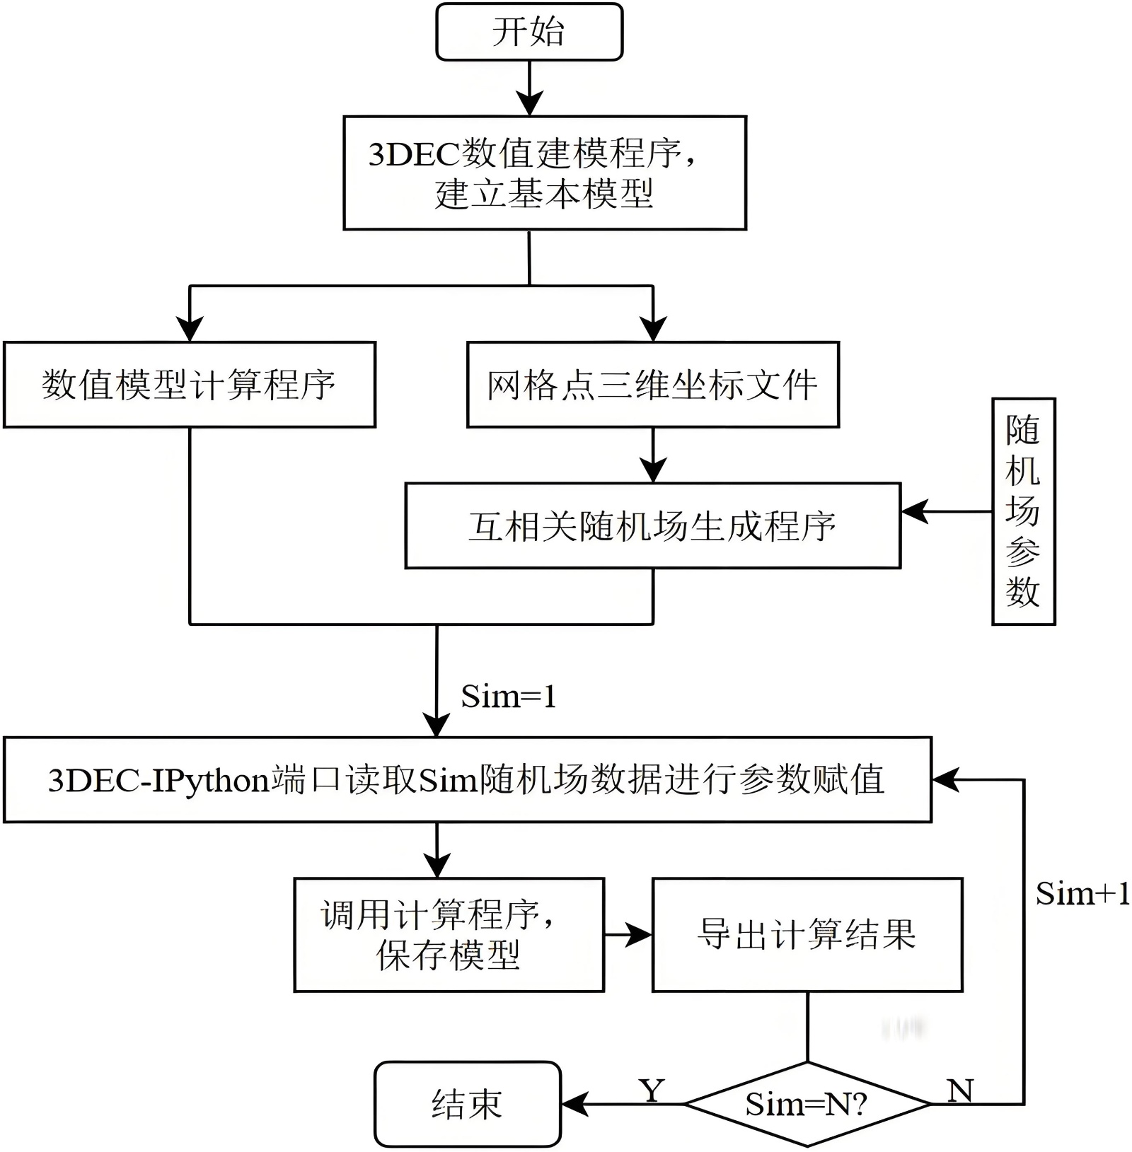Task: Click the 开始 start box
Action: pos(529,32)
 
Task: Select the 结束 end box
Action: pos(468,1104)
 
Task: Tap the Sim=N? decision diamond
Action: pos(807,1104)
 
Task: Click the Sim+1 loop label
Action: pos(1082,894)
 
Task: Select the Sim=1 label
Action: pos(508,697)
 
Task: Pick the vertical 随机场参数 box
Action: pos(1023,511)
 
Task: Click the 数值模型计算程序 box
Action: pos(190,385)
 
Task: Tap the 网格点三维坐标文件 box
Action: pos(652,385)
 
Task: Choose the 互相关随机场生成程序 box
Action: pos(652,526)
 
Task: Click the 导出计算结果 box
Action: pos(807,934)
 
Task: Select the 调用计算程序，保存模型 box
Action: pos(449,934)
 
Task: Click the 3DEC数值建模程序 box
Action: pos(545,173)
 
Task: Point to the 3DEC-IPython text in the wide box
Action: pos(158,780)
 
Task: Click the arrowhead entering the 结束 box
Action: pos(574,1104)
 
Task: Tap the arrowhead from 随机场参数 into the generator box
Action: pos(914,511)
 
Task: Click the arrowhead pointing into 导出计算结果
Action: pos(639,935)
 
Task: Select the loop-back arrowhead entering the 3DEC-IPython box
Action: pos(945,780)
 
